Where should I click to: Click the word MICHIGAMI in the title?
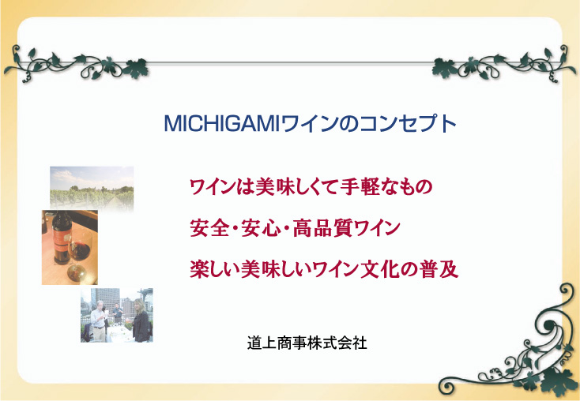tap(220, 124)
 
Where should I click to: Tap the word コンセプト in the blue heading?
tap(408, 124)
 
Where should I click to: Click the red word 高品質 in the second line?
tap(322, 228)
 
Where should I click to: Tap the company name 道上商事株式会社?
tap(307, 343)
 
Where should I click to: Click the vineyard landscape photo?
tap(92, 188)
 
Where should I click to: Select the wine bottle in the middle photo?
tap(62, 237)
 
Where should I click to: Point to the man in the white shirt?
tap(99, 320)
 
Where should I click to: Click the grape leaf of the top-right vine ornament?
tap(445, 68)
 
